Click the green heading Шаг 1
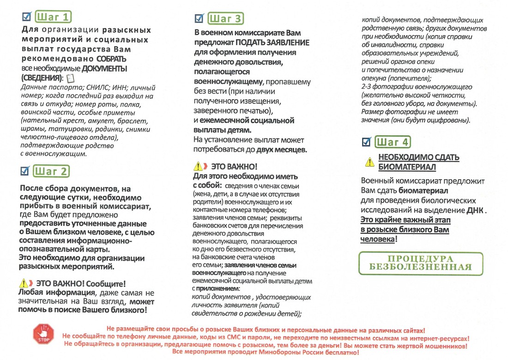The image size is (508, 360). [54, 18]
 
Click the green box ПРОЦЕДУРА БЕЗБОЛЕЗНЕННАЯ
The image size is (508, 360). [420, 263]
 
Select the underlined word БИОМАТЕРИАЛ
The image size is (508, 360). [407, 166]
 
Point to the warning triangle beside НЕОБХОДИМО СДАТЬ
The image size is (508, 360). [369, 162]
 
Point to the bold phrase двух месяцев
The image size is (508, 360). [284, 150]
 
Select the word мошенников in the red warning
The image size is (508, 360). [444, 344]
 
